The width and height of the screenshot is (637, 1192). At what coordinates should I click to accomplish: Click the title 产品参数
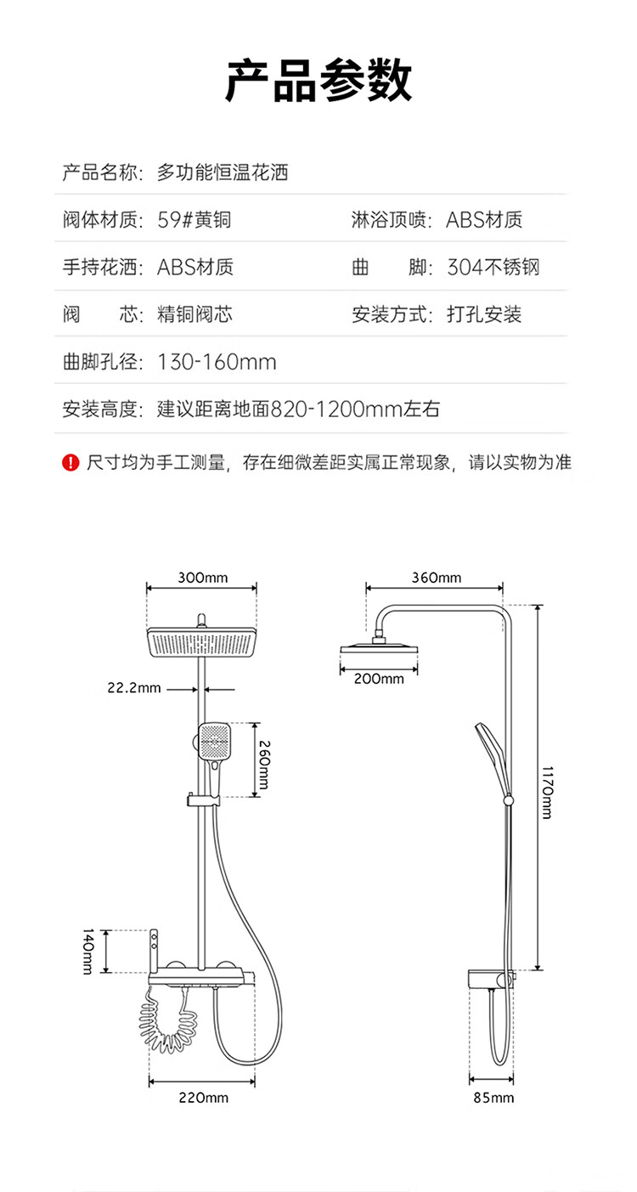pyautogui.click(x=318, y=81)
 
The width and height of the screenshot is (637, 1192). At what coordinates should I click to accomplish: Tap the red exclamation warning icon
pyautogui.click(x=70, y=462)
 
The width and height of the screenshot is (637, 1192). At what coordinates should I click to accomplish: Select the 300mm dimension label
pyautogui.click(x=202, y=578)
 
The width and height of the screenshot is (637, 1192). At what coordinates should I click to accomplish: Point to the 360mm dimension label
pyautogui.click(x=437, y=578)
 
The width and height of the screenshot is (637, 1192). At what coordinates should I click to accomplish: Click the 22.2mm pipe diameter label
pyautogui.click(x=134, y=687)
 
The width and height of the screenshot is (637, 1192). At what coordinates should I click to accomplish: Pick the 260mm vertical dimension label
pyautogui.click(x=264, y=765)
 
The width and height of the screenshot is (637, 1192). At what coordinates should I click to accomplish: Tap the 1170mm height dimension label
pyautogui.click(x=547, y=793)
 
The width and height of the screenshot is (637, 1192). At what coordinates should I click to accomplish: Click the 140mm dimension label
pyautogui.click(x=87, y=952)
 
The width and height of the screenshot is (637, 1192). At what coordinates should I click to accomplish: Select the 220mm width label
pyautogui.click(x=203, y=1098)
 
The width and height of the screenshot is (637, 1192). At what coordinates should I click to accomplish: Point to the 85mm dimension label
pyautogui.click(x=493, y=1098)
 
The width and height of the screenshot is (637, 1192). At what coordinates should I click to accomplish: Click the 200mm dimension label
pyautogui.click(x=379, y=679)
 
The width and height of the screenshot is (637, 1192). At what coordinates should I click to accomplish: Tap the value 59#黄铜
pyautogui.click(x=194, y=219)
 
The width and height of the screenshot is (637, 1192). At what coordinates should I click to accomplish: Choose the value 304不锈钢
pyautogui.click(x=493, y=267)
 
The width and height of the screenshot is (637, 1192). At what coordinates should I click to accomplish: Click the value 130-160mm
pyautogui.click(x=217, y=363)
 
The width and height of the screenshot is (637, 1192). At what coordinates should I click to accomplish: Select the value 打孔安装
pyautogui.click(x=484, y=314)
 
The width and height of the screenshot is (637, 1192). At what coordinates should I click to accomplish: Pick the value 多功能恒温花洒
pyautogui.click(x=223, y=172)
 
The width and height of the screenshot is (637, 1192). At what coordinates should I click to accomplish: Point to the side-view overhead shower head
pyautogui.click(x=379, y=648)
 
